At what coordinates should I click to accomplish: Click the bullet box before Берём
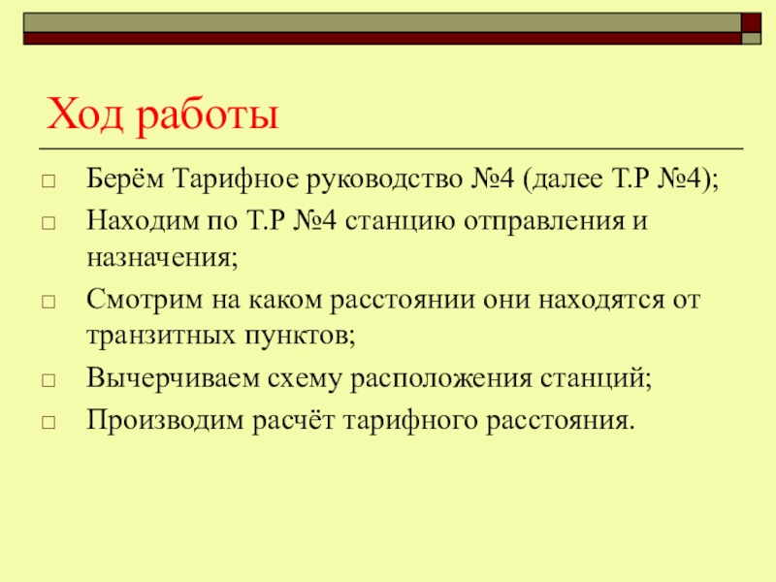coord(48,181)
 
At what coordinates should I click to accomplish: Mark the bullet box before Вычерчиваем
coord(48,377)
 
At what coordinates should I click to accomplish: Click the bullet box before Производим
coord(48,421)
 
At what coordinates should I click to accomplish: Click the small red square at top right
coord(751,21)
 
